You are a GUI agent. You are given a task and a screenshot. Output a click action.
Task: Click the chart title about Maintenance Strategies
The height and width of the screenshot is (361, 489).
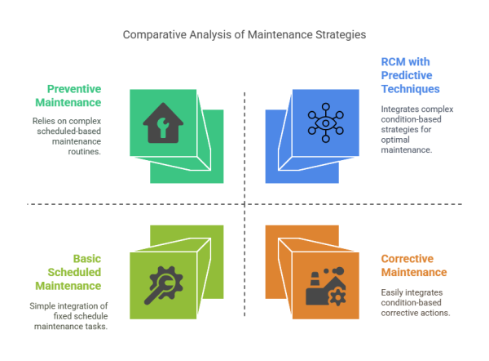click(x=244, y=35)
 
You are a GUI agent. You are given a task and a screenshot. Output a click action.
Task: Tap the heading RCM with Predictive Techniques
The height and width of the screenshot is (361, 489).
click(x=412, y=74)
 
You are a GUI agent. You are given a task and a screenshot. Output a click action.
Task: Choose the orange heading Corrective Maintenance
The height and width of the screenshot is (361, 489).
click(x=414, y=265)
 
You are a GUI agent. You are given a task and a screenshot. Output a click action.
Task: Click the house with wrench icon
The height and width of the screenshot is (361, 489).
click(x=163, y=123)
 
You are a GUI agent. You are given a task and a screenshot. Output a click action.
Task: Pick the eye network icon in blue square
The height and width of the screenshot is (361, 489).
click(x=325, y=123)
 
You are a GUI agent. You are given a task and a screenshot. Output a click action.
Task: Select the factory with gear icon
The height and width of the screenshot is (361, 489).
click(x=325, y=286)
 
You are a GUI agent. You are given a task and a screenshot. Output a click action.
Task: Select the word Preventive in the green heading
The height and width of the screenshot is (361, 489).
click(x=74, y=88)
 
